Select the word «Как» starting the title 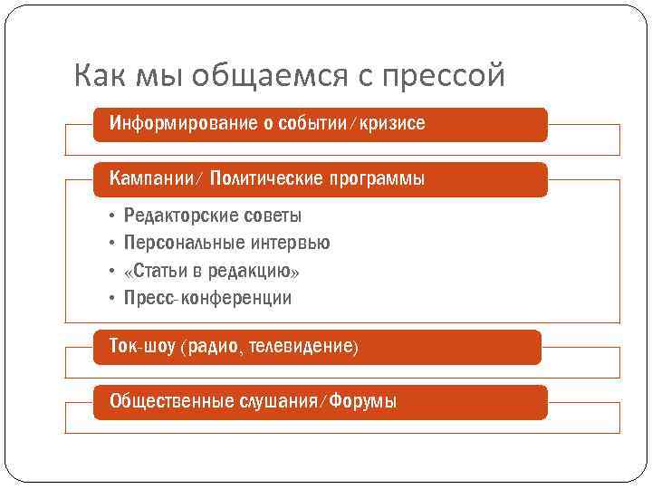tap(101, 76)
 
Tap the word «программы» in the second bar tap(379, 178)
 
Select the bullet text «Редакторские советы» tap(213, 216)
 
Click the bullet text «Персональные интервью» tap(226, 243)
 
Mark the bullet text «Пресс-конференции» tap(207, 298)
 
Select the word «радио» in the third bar tap(215, 346)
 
